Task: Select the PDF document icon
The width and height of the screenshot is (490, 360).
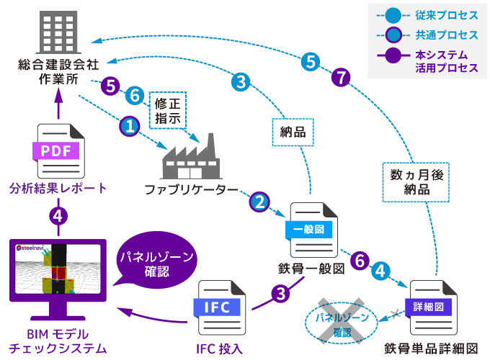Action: click(57, 150)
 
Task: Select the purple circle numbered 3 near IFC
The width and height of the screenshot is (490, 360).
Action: click(281, 293)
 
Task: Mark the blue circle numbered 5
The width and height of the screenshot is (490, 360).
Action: click(310, 62)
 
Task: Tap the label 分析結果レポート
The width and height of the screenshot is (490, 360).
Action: click(58, 189)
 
